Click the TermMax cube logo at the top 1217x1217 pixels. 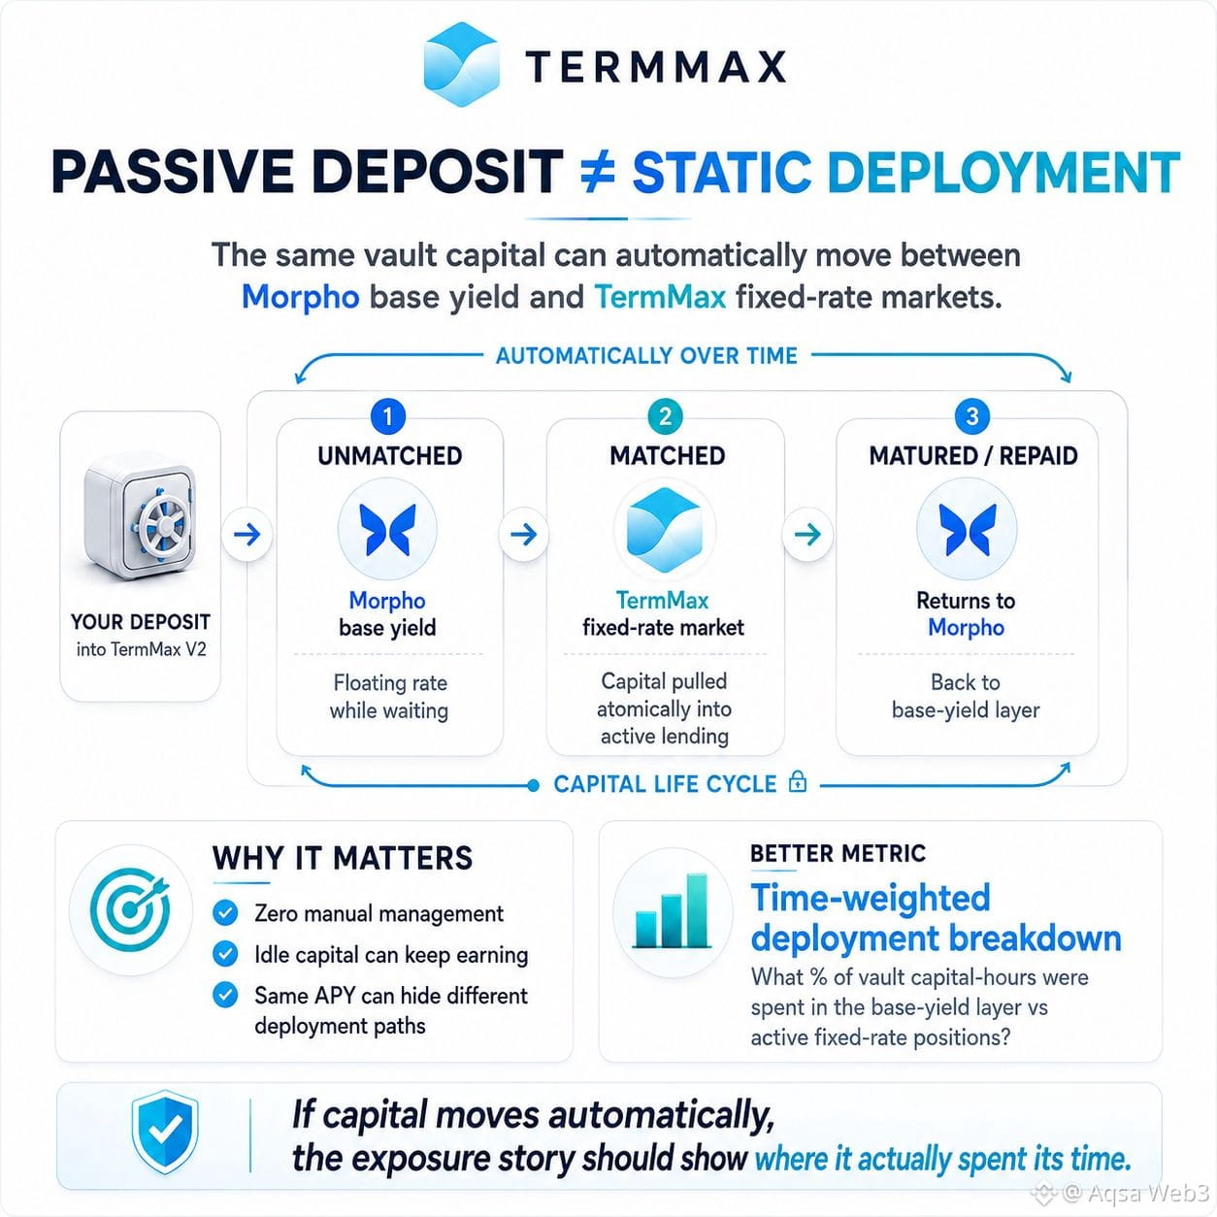point(462,64)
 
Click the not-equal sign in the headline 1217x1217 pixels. point(597,172)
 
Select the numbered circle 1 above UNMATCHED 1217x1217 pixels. point(388,416)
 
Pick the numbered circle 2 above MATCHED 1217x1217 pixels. point(665,416)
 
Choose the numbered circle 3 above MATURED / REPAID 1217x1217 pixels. point(972,416)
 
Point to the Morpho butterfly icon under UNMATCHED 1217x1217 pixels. point(387,529)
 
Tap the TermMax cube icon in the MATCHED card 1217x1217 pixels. point(664,529)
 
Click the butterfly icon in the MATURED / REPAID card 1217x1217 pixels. point(967,529)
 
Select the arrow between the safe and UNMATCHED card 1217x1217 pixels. point(247,535)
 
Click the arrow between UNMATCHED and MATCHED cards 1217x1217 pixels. point(523,535)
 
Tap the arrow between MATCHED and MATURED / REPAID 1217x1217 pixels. point(807,535)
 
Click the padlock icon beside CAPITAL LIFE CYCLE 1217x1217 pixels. point(798,781)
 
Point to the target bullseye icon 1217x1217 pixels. point(131,909)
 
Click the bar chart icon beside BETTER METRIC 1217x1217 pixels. point(672,911)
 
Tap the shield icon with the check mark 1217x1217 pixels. point(165,1131)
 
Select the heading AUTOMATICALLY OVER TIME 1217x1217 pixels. point(646,355)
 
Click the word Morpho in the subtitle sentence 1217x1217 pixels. point(301,297)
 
